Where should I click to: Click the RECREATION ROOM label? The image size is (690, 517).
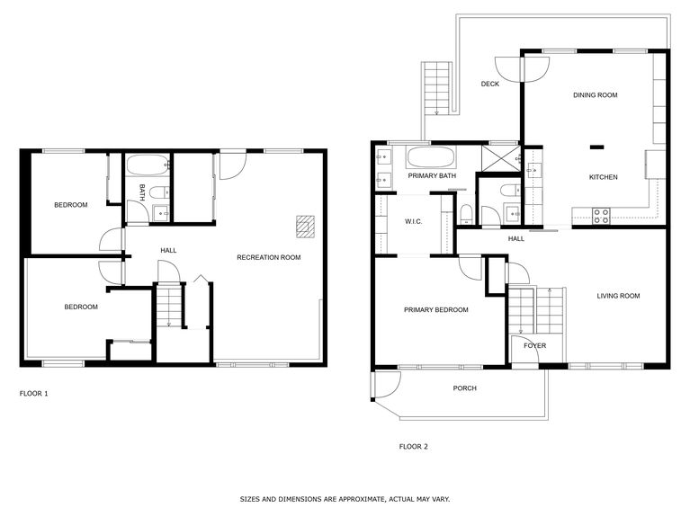(268, 258)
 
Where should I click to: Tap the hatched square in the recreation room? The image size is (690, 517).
(306, 226)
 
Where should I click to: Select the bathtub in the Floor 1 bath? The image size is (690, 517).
(148, 165)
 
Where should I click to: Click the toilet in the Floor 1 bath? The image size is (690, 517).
(157, 192)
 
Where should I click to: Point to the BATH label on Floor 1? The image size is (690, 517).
(141, 192)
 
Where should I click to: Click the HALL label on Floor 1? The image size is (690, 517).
(168, 250)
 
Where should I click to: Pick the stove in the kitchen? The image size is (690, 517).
(601, 216)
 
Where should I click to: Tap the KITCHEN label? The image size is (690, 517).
(603, 177)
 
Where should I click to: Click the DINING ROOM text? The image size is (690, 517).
(595, 94)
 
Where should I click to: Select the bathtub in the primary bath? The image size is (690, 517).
(431, 158)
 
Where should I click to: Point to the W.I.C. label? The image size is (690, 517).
(414, 221)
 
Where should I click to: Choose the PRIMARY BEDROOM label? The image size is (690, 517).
(435, 310)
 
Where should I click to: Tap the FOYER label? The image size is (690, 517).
(534, 346)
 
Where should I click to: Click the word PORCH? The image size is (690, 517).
(464, 388)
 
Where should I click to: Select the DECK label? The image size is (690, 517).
(489, 85)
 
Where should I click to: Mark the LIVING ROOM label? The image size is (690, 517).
(617, 296)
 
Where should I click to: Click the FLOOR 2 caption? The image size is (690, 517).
(413, 446)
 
